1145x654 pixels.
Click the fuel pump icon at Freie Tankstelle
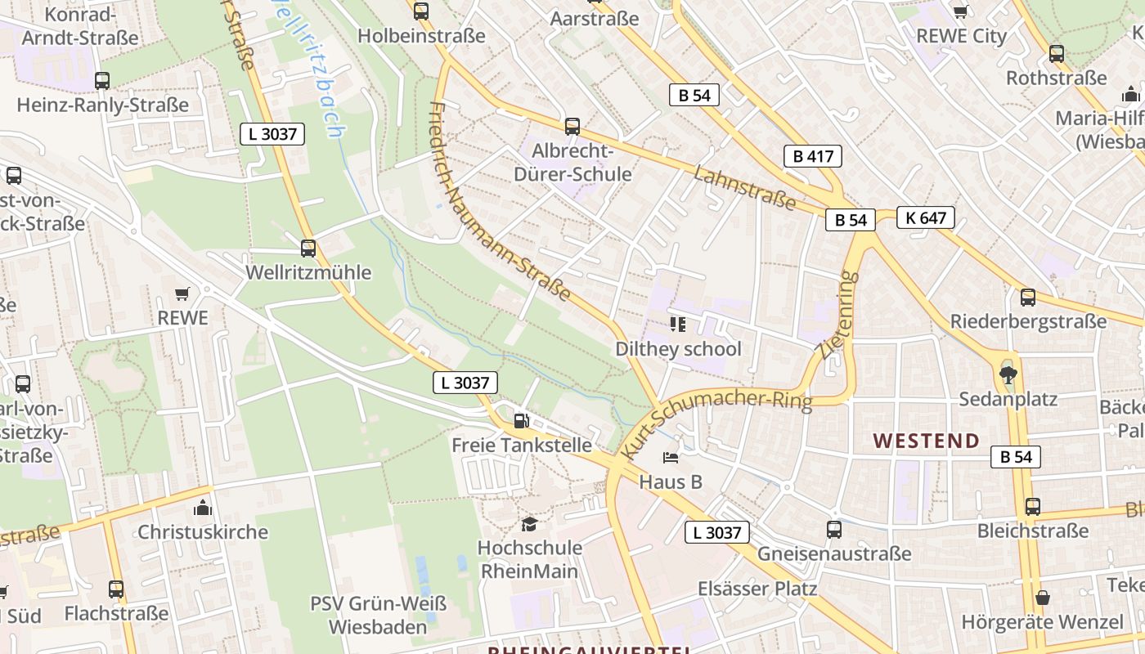pos(520,422)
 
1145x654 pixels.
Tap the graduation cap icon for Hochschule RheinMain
pos(530,524)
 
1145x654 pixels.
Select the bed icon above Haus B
pos(671,458)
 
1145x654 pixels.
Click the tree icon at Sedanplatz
pos(1008,375)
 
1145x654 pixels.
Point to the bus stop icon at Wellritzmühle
pos(308,249)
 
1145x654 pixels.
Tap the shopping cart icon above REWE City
pos(961,11)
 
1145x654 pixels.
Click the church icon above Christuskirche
pos(203,508)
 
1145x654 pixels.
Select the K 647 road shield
pos(925,217)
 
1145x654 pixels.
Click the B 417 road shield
pos(812,156)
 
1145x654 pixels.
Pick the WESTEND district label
pos(926,441)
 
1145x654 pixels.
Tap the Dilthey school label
pos(678,349)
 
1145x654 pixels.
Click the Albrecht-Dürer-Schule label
pos(572,163)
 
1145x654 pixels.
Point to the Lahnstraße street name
pos(744,187)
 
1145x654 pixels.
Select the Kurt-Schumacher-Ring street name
pos(716,423)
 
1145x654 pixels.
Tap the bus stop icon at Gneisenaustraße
pos(833,530)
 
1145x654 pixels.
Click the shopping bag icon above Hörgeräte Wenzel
pos(1042,598)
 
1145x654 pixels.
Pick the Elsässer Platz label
pos(757,589)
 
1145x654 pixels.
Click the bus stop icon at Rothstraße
pos(1057,54)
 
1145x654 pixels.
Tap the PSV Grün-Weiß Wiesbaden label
pos(379,616)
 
